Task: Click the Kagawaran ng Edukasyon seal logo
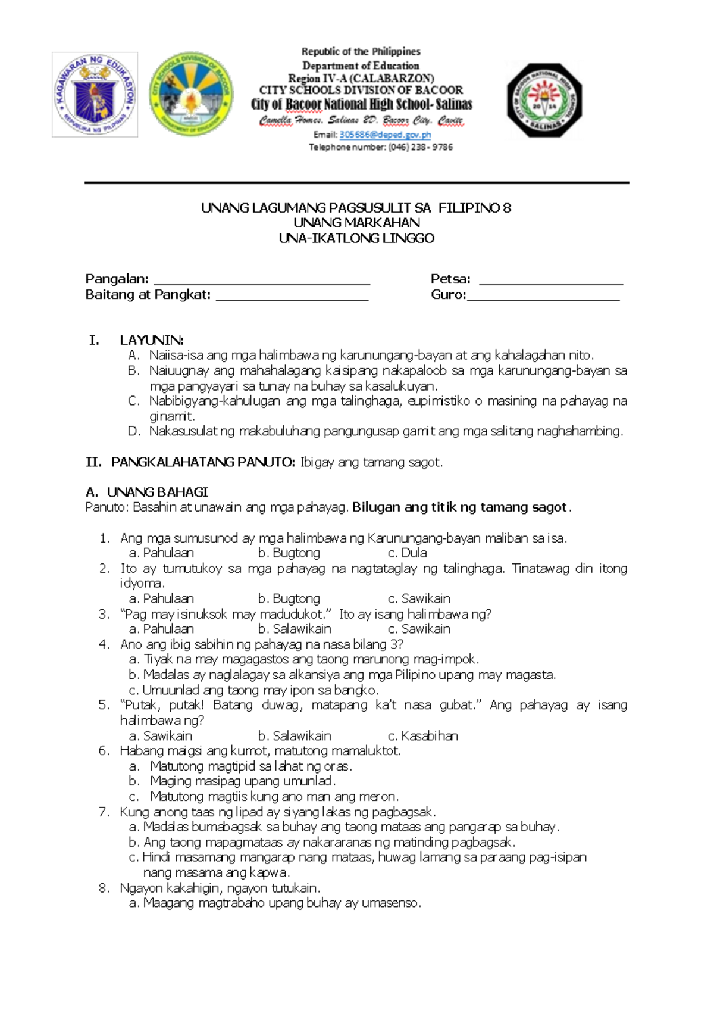pos(95,95)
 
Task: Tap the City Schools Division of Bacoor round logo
pos(191,94)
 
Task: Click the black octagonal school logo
pos(544,100)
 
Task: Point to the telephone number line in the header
pos(381,147)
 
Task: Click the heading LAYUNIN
pos(152,340)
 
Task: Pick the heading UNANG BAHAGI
pos(157,492)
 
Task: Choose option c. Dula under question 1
pos(408,553)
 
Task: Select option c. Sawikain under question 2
pos(419,598)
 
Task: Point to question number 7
pos(104,812)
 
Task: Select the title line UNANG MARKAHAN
pos(356,223)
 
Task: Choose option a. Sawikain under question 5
pos(161,736)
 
